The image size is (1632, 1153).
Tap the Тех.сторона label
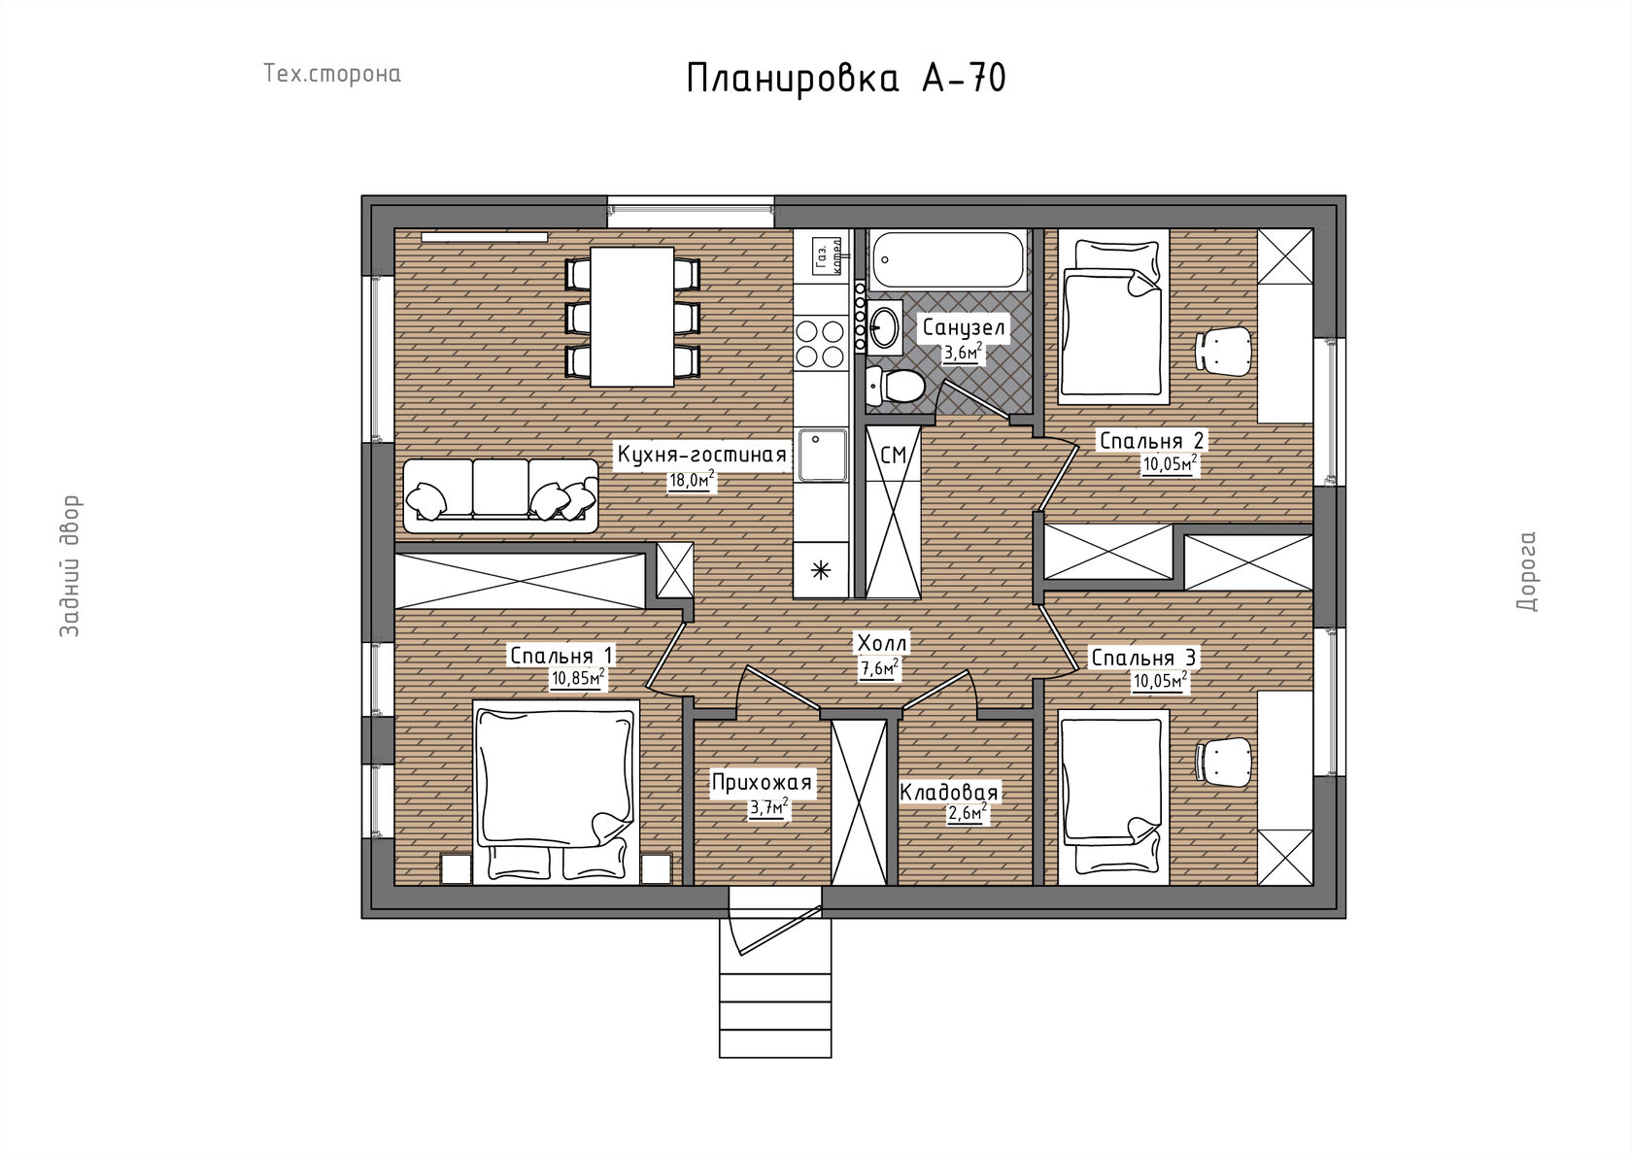(331, 74)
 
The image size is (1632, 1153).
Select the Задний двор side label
(70, 566)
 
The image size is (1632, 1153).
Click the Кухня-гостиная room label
(701, 455)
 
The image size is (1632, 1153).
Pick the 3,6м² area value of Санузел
(964, 354)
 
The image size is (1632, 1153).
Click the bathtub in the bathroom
(948, 259)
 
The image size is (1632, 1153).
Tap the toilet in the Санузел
(894, 386)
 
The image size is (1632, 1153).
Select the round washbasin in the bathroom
(884, 327)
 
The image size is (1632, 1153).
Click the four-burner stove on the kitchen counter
(820, 343)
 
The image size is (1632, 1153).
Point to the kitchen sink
(822, 456)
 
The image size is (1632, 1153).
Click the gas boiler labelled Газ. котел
(827, 256)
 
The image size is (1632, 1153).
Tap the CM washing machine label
(894, 456)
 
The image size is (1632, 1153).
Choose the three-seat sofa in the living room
(500, 495)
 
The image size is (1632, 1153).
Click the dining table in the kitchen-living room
(631, 317)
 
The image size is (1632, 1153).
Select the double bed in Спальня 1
(556, 793)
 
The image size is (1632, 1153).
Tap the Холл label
(882, 643)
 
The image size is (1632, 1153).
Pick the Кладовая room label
(948, 792)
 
